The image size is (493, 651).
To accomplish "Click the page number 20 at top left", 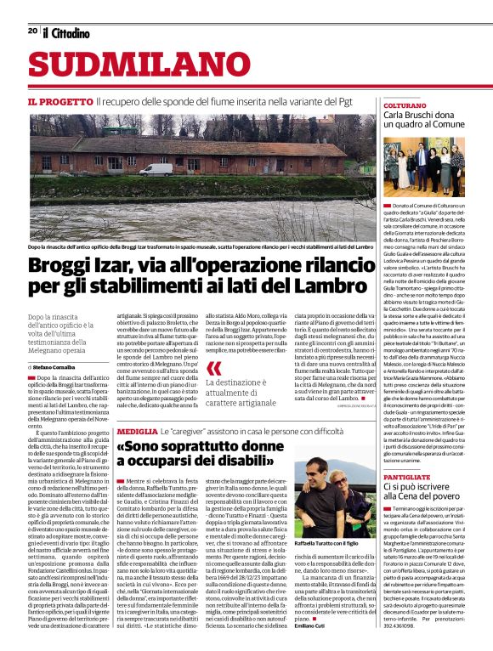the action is (x=32, y=31).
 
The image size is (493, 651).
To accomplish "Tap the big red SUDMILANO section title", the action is (x=125, y=66).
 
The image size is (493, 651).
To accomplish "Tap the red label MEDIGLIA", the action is (x=136, y=432).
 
